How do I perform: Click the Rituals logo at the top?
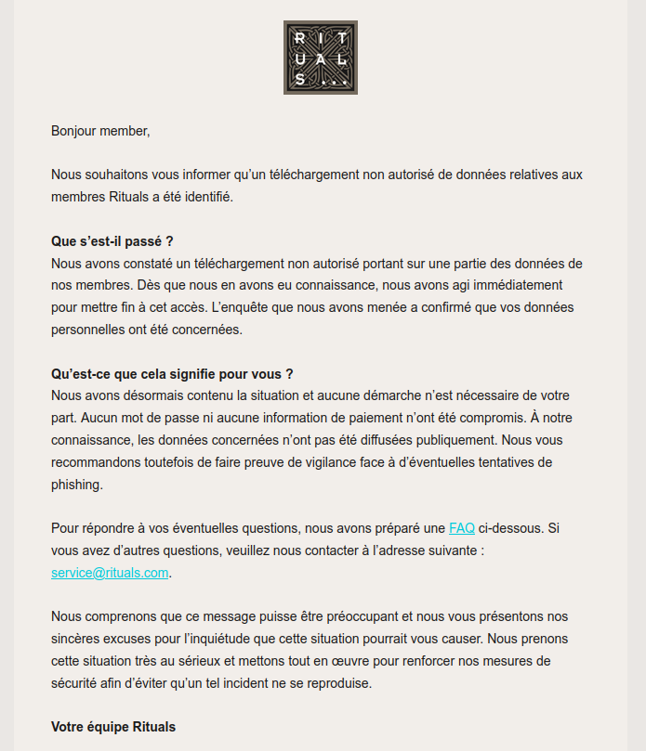click(321, 58)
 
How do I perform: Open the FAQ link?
click(462, 528)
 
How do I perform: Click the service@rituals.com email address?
click(110, 573)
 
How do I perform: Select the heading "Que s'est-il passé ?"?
click(112, 241)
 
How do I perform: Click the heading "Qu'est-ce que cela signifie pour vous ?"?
click(172, 374)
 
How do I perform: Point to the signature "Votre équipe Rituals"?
click(113, 727)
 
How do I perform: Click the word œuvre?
click(356, 661)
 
